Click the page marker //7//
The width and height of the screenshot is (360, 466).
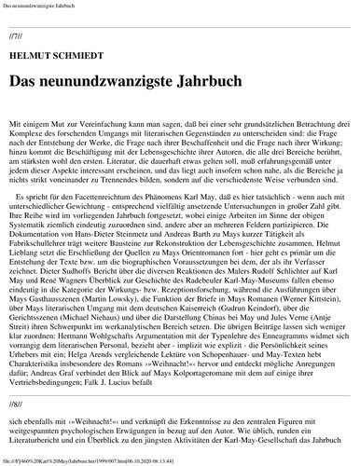(x=15, y=35)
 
